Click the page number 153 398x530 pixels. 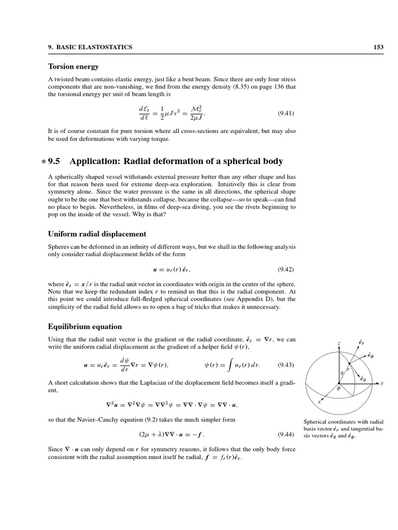[x=378, y=47]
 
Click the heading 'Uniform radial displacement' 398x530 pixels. [x=97, y=234]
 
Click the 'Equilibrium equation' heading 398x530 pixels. [x=85, y=327]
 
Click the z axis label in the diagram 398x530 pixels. [x=338, y=344]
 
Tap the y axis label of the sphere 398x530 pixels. [x=381, y=384]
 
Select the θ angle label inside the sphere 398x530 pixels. [x=342, y=373]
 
